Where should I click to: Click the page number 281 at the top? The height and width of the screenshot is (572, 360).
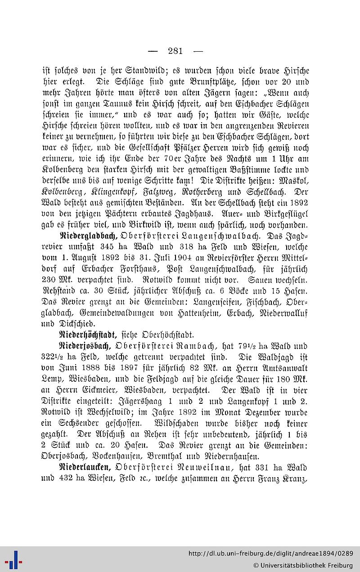click(175, 51)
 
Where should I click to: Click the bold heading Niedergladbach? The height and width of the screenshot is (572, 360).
click(89, 235)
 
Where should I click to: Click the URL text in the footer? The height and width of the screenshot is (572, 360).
click(270, 553)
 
